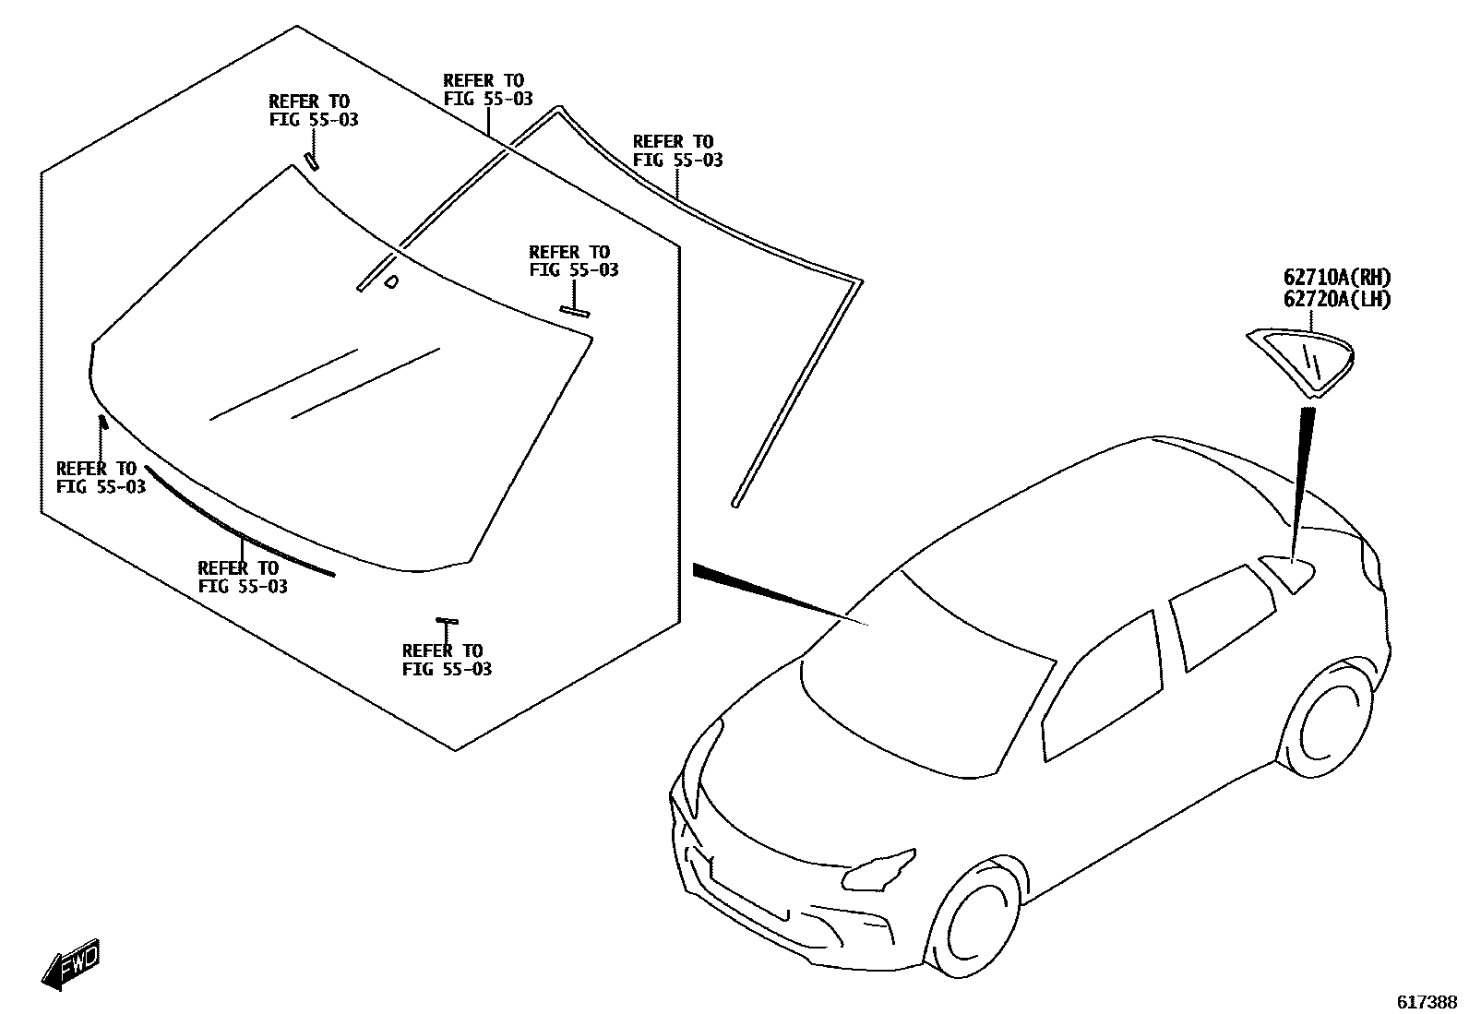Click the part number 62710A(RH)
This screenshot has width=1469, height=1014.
(1335, 277)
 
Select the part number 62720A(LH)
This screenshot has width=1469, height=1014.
(1335, 299)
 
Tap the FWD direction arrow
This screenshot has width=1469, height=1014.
(70, 966)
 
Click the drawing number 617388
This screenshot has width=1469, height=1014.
(1426, 1001)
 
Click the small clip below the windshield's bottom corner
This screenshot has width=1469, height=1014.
(447, 621)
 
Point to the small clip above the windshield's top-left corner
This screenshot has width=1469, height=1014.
(312, 161)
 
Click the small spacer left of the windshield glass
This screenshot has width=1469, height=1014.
(103, 423)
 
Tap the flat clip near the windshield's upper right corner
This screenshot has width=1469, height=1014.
(574, 311)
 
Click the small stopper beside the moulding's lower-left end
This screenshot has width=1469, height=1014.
(391, 281)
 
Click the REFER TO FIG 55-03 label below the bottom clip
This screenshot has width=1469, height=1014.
(447, 660)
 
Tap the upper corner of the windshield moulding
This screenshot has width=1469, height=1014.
(557, 112)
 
